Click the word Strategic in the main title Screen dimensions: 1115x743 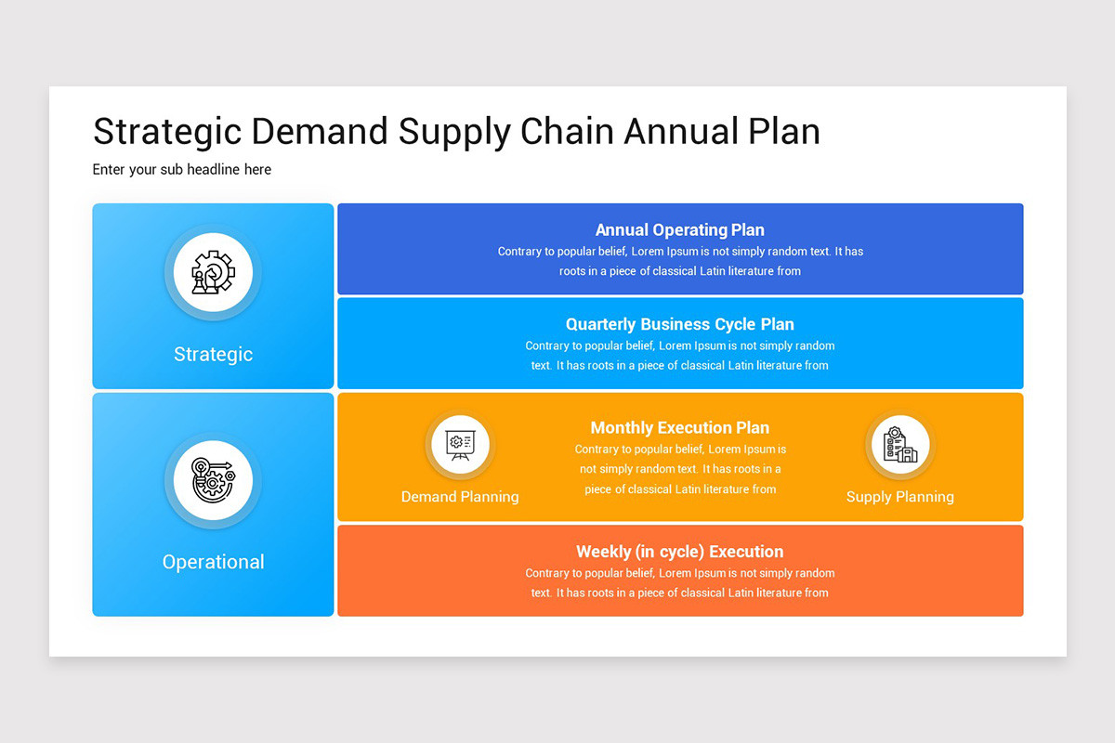[x=167, y=133]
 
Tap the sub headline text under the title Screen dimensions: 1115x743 [x=182, y=170]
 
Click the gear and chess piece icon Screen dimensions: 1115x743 [x=213, y=272]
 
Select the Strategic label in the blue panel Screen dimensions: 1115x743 [x=213, y=355]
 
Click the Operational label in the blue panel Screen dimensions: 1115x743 [x=213, y=562]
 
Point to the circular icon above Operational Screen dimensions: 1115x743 [x=213, y=480]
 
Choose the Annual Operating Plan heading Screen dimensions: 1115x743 [x=680, y=230]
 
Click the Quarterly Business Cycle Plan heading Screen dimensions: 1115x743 [x=680, y=324]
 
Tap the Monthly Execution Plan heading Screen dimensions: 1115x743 [x=680, y=428]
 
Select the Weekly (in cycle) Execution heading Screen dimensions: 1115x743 [x=680, y=552]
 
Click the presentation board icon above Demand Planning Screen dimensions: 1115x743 [x=460, y=444]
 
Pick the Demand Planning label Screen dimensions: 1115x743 [x=460, y=497]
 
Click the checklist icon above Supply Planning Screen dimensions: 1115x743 [x=900, y=444]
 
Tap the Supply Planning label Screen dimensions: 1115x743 [x=900, y=497]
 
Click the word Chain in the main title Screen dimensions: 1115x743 [x=568, y=131]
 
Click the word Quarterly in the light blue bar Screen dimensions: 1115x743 [x=600, y=325]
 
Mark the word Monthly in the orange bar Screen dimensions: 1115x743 [x=622, y=428]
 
